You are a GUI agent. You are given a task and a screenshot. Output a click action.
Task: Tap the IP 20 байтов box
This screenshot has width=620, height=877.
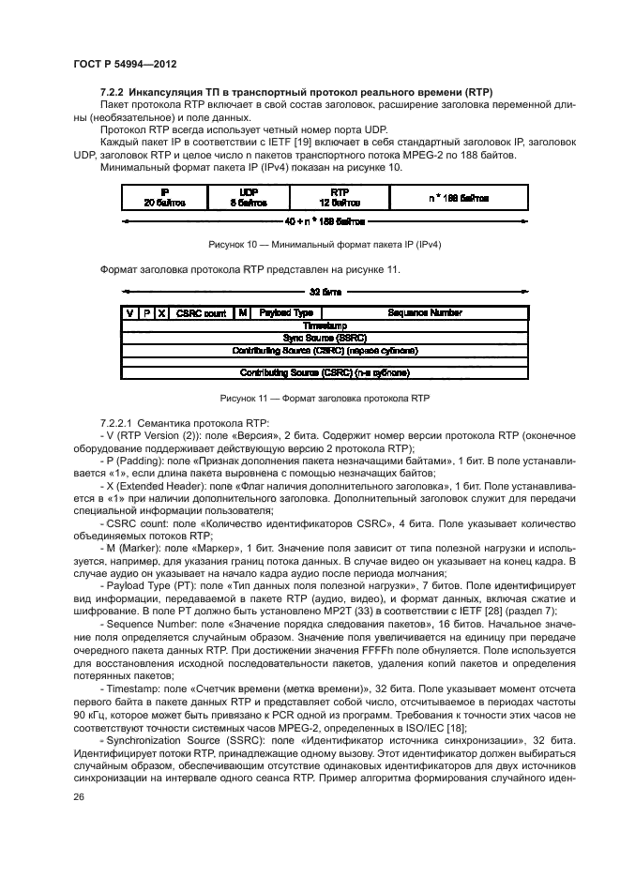[x=164, y=197]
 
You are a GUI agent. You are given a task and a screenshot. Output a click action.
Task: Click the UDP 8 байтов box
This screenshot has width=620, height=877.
[x=250, y=197]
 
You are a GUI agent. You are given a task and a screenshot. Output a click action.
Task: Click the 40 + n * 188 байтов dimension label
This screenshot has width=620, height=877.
[x=325, y=222]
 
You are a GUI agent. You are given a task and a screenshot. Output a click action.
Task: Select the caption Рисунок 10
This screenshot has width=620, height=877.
[x=325, y=245]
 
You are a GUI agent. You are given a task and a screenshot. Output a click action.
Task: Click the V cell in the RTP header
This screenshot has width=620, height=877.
[x=130, y=312]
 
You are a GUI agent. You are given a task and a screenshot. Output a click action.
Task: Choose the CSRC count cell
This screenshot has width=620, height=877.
[x=201, y=312]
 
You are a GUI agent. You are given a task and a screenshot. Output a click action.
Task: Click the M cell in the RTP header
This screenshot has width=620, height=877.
[x=243, y=312]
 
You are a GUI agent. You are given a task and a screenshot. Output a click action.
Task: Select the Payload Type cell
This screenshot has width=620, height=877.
[x=286, y=312]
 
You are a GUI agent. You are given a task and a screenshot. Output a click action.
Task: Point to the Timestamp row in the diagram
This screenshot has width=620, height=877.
[x=325, y=325]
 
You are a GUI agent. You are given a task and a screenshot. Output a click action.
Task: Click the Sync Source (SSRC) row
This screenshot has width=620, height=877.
[x=325, y=337]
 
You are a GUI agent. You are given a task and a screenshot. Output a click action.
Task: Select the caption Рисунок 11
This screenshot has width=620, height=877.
[x=325, y=398]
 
